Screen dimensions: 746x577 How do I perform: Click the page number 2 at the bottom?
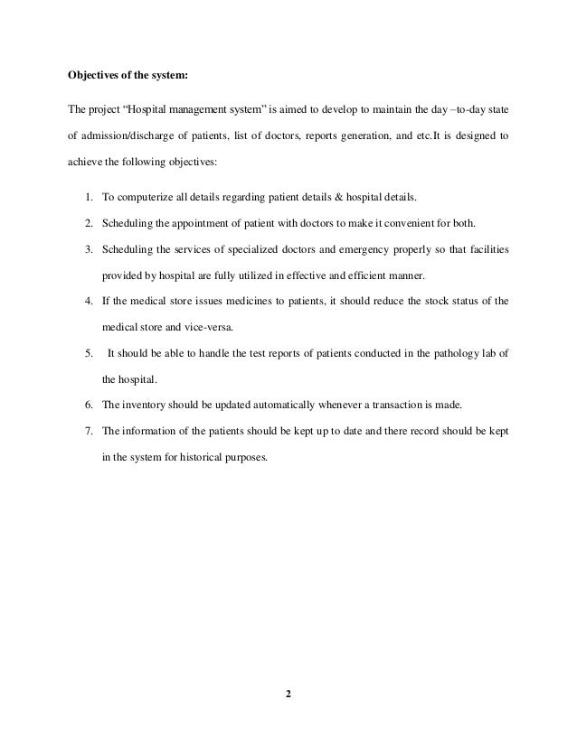tap(288, 695)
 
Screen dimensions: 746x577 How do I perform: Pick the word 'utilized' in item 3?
tap(251, 275)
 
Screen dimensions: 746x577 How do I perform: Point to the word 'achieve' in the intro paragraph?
tap(86, 163)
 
